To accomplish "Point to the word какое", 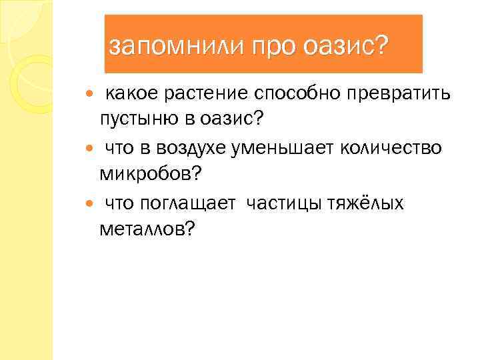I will (131, 93).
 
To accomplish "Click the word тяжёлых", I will (365, 202).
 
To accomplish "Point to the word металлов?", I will (147, 229).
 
